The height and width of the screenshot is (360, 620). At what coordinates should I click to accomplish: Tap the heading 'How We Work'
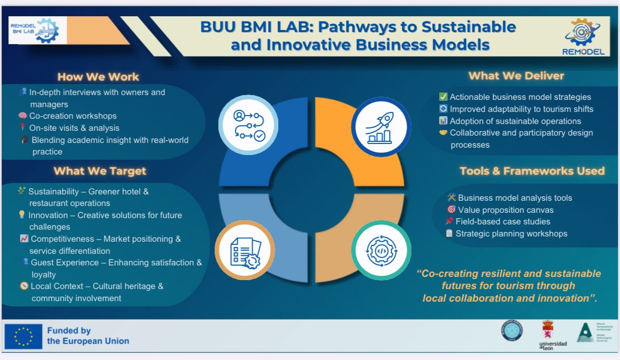coord(98,77)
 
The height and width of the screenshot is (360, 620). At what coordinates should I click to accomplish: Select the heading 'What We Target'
coord(100,171)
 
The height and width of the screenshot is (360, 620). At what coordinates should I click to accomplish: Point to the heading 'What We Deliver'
coord(516,76)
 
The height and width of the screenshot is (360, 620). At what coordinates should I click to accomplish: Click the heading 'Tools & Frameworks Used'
coord(532,171)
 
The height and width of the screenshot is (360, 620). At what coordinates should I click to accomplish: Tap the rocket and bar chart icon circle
coord(381,127)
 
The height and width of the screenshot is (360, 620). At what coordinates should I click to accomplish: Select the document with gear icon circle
coord(245,250)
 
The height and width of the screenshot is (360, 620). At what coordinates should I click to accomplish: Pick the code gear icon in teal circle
coord(381,250)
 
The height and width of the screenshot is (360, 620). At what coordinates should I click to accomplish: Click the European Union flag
coord(23,336)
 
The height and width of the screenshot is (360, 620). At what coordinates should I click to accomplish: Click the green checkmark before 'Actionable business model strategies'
coord(443,97)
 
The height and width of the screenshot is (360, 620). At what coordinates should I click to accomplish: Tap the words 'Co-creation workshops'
coord(73,116)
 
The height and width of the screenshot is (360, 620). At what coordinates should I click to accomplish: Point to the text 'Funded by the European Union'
coord(88,336)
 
